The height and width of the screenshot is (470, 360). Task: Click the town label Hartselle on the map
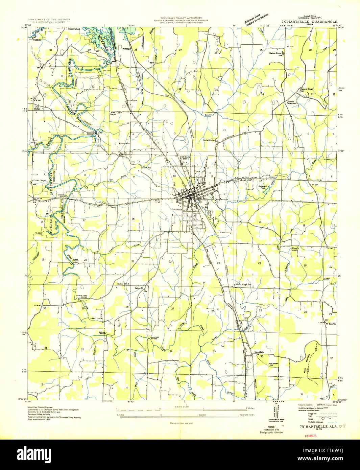178,210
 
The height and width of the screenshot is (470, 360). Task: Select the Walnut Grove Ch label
277,53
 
